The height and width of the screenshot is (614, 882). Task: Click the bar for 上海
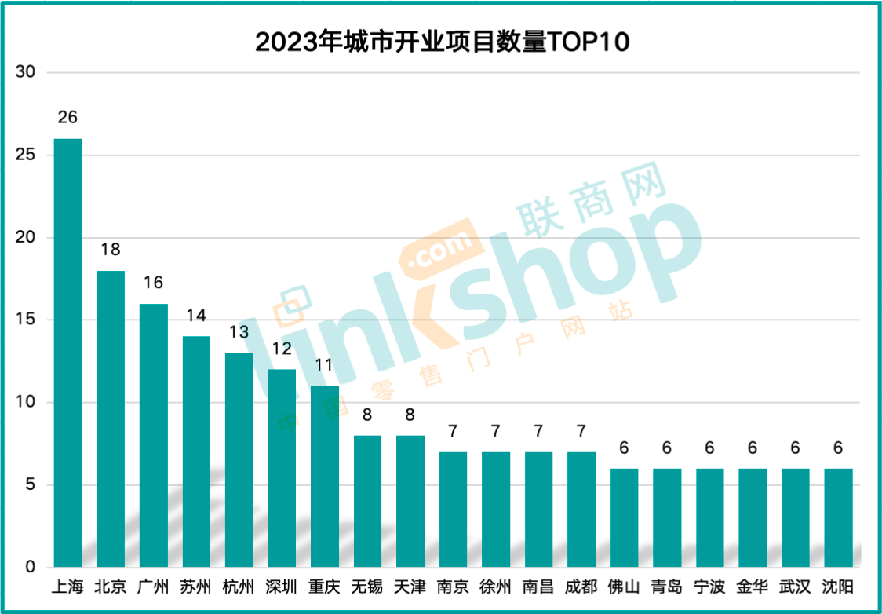point(67,353)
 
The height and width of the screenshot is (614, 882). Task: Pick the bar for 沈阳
point(838,517)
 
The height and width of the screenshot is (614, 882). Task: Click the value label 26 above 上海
point(67,118)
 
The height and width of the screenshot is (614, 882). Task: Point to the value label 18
point(111,250)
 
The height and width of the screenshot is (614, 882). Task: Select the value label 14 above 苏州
point(196,316)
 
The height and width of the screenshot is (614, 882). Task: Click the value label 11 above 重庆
point(325,365)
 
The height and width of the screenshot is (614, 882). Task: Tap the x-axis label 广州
point(153,587)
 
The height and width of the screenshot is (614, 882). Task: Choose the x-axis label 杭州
point(239,587)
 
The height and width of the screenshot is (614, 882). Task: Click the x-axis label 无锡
point(367,587)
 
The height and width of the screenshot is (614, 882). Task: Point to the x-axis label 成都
point(581,587)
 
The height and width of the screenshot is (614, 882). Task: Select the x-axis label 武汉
point(795,587)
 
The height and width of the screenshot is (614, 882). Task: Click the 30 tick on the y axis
point(26,72)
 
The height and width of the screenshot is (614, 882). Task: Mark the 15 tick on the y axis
point(26,320)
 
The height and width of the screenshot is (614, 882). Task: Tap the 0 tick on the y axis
point(31,567)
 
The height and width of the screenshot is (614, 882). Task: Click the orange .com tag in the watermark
point(440,250)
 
